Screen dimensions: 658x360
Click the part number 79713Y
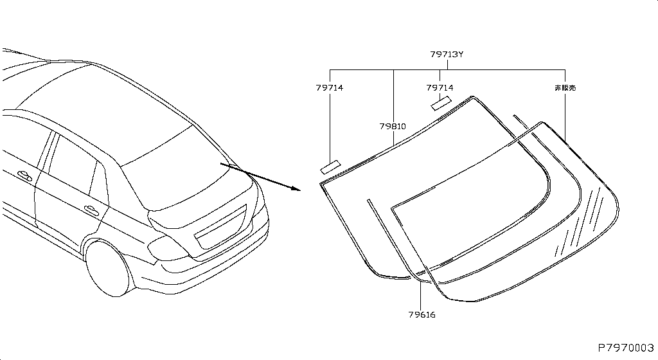point(447,55)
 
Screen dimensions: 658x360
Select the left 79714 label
point(330,87)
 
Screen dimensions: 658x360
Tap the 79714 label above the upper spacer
point(440,87)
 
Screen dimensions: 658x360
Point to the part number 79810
point(393,126)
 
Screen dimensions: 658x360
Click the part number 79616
point(422,315)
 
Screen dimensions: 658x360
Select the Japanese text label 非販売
point(565,87)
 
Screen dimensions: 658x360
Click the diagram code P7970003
point(626,348)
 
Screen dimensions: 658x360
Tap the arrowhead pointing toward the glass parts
point(296,188)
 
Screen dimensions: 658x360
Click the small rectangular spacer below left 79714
point(331,167)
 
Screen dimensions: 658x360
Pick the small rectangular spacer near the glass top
point(441,104)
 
